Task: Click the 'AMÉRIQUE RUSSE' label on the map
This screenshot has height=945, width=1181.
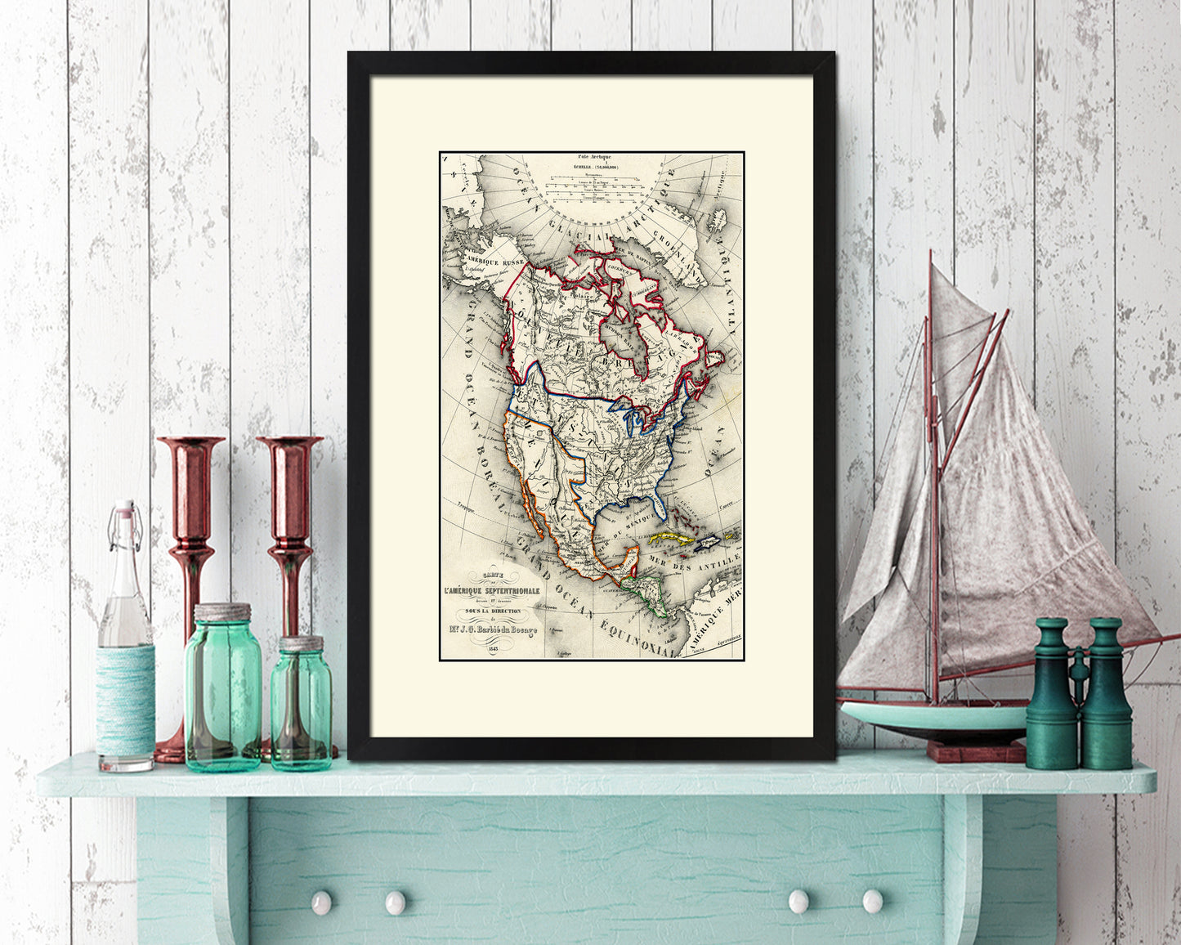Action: [x=494, y=262]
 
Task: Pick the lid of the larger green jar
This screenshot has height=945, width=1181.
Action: [x=222, y=611]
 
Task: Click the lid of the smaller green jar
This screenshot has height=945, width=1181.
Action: [x=301, y=643]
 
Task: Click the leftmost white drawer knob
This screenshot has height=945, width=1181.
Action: [x=321, y=902]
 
